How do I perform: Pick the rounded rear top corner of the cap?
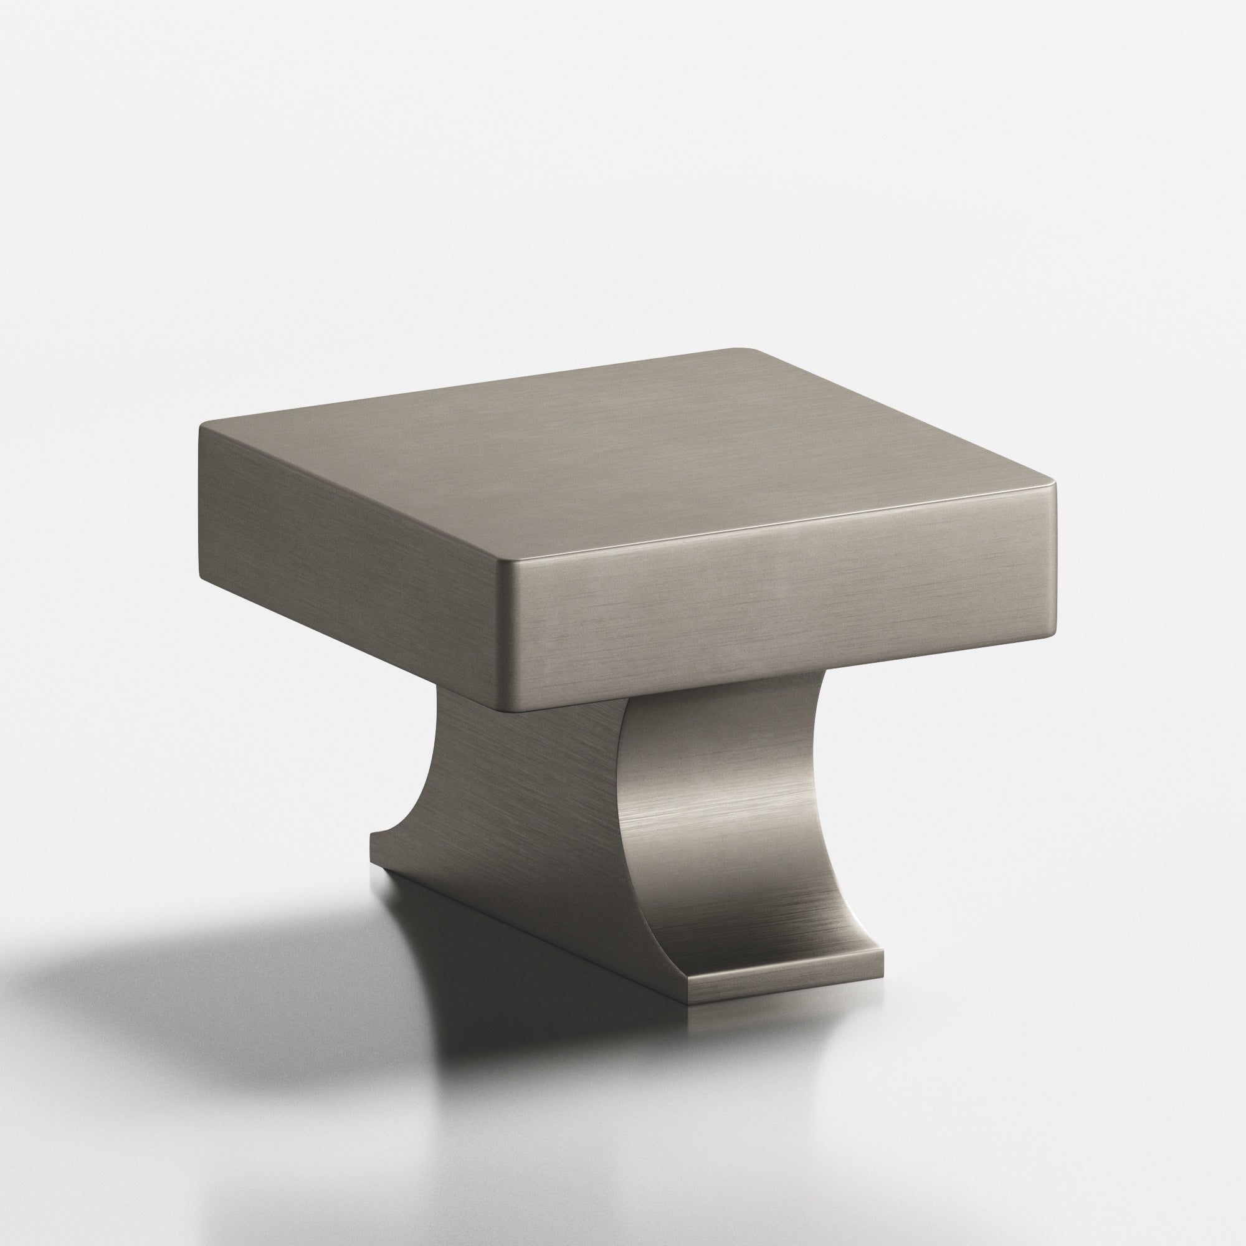pyautogui.click(x=748, y=351)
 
